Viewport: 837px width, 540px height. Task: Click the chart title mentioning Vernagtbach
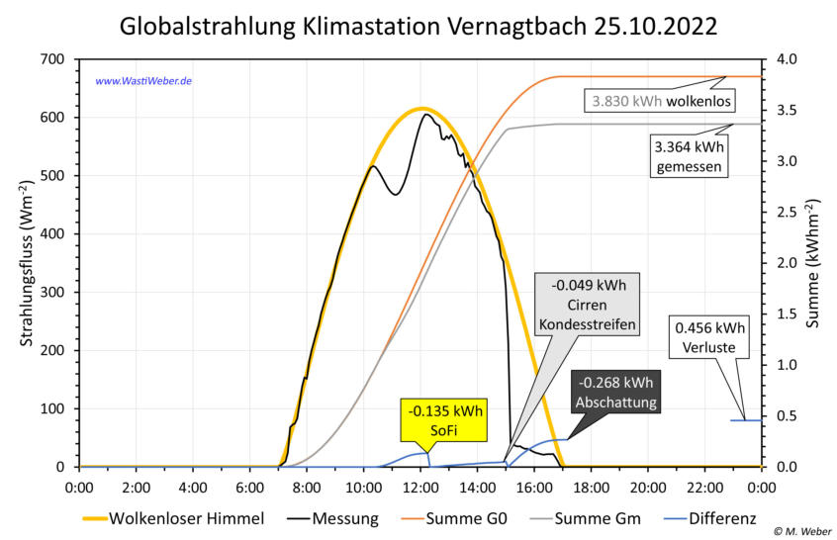[418, 26]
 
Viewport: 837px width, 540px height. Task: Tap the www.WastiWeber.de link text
[142, 80]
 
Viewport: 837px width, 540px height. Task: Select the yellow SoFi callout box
[444, 419]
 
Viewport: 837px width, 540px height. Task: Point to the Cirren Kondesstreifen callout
[588, 305]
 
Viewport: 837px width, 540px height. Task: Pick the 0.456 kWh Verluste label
[710, 337]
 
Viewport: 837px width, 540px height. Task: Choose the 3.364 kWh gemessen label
[690, 156]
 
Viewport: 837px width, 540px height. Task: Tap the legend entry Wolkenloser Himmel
[173, 517]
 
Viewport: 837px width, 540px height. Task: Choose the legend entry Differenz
[719, 517]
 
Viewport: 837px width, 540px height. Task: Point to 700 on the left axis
[50, 59]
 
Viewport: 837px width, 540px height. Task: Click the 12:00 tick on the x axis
[420, 487]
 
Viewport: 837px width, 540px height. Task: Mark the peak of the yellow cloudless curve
[421, 108]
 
